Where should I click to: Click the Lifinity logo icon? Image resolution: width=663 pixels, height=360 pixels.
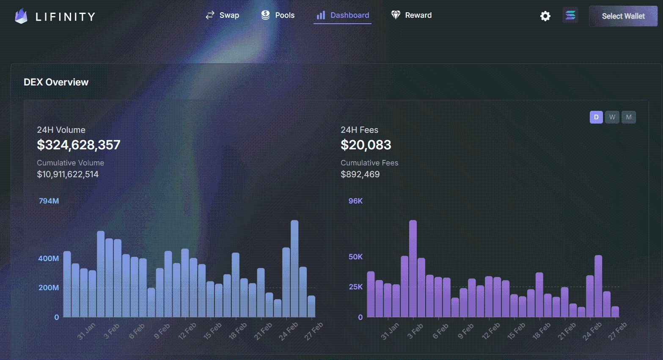click(21, 16)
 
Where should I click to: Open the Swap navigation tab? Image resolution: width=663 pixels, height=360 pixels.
click(223, 15)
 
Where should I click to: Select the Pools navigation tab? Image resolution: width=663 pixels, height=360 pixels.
click(278, 15)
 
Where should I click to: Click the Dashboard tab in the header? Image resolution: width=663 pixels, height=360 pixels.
click(343, 15)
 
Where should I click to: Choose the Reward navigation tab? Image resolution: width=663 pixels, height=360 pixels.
click(411, 15)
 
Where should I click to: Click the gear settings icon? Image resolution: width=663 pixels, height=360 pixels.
click(545, 16)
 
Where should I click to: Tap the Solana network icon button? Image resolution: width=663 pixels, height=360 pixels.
click(570, 16)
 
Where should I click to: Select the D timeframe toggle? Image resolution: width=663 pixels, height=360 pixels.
click(596, 117)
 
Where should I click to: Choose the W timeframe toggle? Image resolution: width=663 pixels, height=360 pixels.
click(612, 117)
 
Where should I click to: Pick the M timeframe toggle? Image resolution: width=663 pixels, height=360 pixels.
click(629, 117)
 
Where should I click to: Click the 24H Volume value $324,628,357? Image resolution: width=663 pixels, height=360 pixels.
click(79, 145)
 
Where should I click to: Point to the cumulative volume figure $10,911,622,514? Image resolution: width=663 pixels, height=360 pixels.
click(68, 174)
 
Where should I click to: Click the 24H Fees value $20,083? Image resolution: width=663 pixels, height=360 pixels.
click(366, 145)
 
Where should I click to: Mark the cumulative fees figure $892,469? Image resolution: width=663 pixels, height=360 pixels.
click(360, 174)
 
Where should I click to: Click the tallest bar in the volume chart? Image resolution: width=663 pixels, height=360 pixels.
click(294, 269)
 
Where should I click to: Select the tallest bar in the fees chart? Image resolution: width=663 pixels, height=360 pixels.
click(413, 269)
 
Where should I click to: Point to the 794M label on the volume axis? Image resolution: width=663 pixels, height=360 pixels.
click(49, 201)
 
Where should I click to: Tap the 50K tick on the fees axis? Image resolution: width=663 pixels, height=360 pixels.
click(355, 257)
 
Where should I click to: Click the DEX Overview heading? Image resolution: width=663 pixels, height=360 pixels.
click(56, 82)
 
